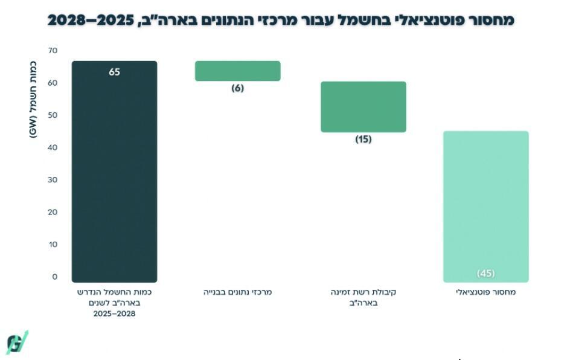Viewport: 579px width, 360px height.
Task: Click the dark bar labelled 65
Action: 114,175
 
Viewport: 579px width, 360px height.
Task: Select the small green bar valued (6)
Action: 237,71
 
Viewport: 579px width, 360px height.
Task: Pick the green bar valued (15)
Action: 363,107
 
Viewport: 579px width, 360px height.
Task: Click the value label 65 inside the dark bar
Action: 115,72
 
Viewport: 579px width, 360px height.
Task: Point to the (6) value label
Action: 237,88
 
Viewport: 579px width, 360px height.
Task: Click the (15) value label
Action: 363,139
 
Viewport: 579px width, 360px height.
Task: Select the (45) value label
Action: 485,273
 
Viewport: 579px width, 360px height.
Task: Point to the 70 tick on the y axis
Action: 53,51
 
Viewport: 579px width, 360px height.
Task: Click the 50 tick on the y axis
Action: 53,115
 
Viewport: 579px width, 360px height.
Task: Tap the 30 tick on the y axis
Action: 53,180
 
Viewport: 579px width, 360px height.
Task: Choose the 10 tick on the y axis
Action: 53,244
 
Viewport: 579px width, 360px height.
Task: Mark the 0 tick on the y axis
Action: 54,277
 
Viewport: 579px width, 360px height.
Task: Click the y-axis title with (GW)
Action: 33,100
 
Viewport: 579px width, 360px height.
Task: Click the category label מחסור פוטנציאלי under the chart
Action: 485,292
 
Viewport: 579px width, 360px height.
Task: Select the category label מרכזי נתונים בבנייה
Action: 237,292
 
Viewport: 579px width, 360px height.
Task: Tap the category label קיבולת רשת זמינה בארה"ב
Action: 363,297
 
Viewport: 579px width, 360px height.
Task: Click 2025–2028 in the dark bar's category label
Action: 114,314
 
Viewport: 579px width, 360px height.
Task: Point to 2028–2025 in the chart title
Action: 89,20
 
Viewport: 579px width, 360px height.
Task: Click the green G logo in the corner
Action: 17,342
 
